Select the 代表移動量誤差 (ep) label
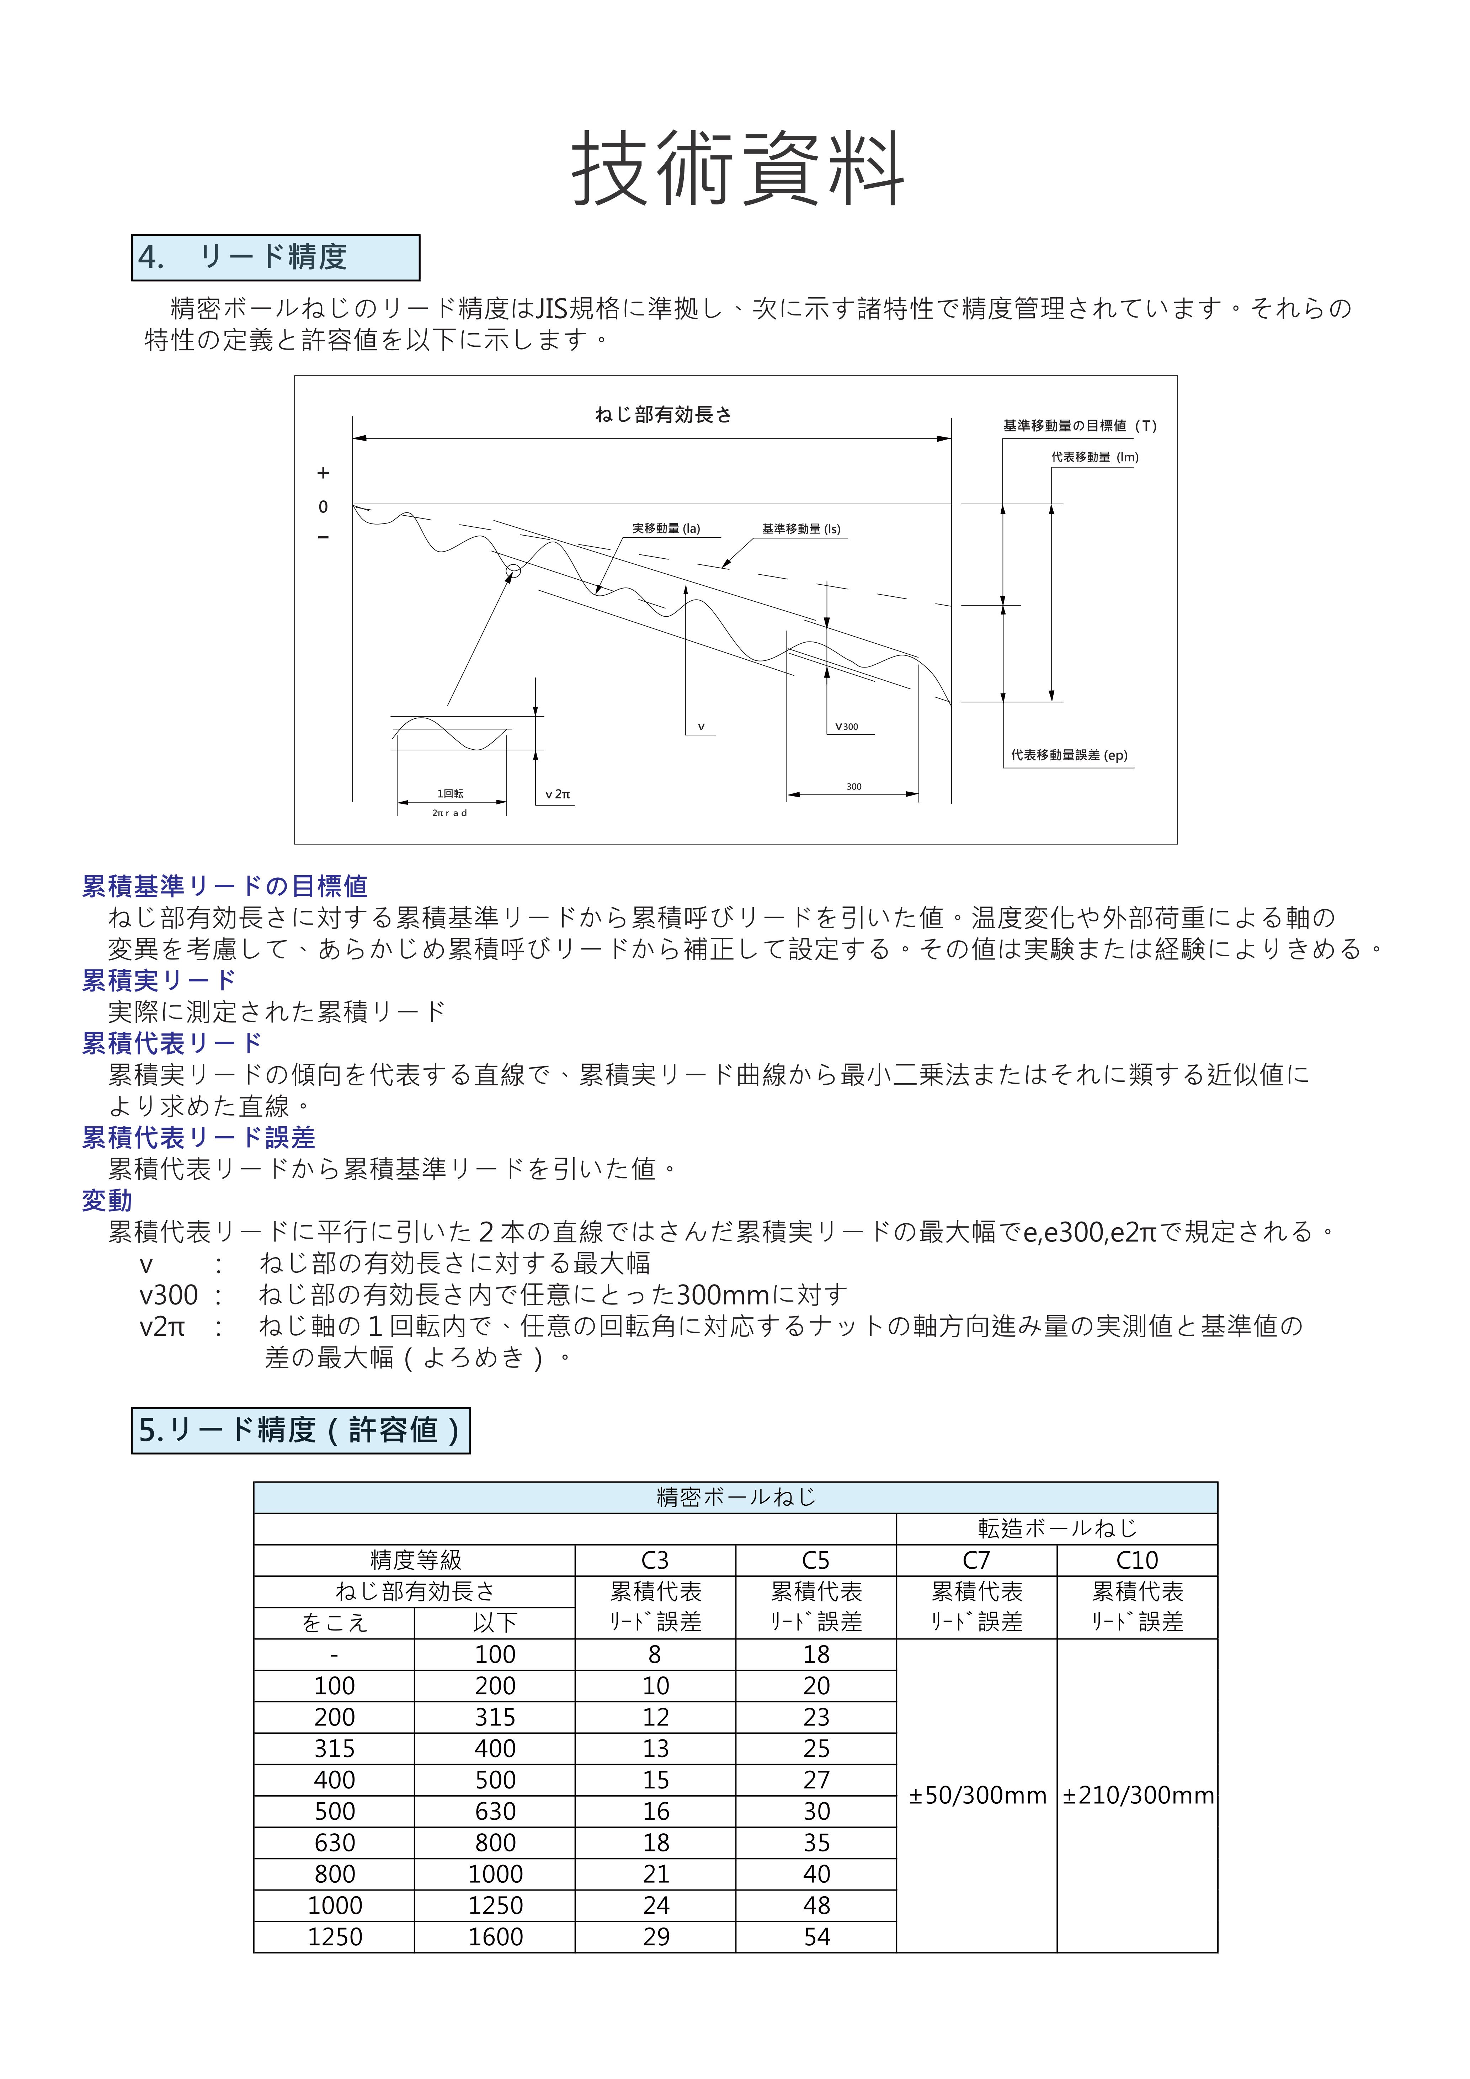pyautogui.click(x=1069, y=755)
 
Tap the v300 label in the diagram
pyautogui.click(x=846, y=726)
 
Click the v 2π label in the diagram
pyautogui.click(x=558, y=794)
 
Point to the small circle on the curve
pyautogui.click(x=513, y=570)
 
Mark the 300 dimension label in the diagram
pyautogui.click(x=853, y=786)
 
